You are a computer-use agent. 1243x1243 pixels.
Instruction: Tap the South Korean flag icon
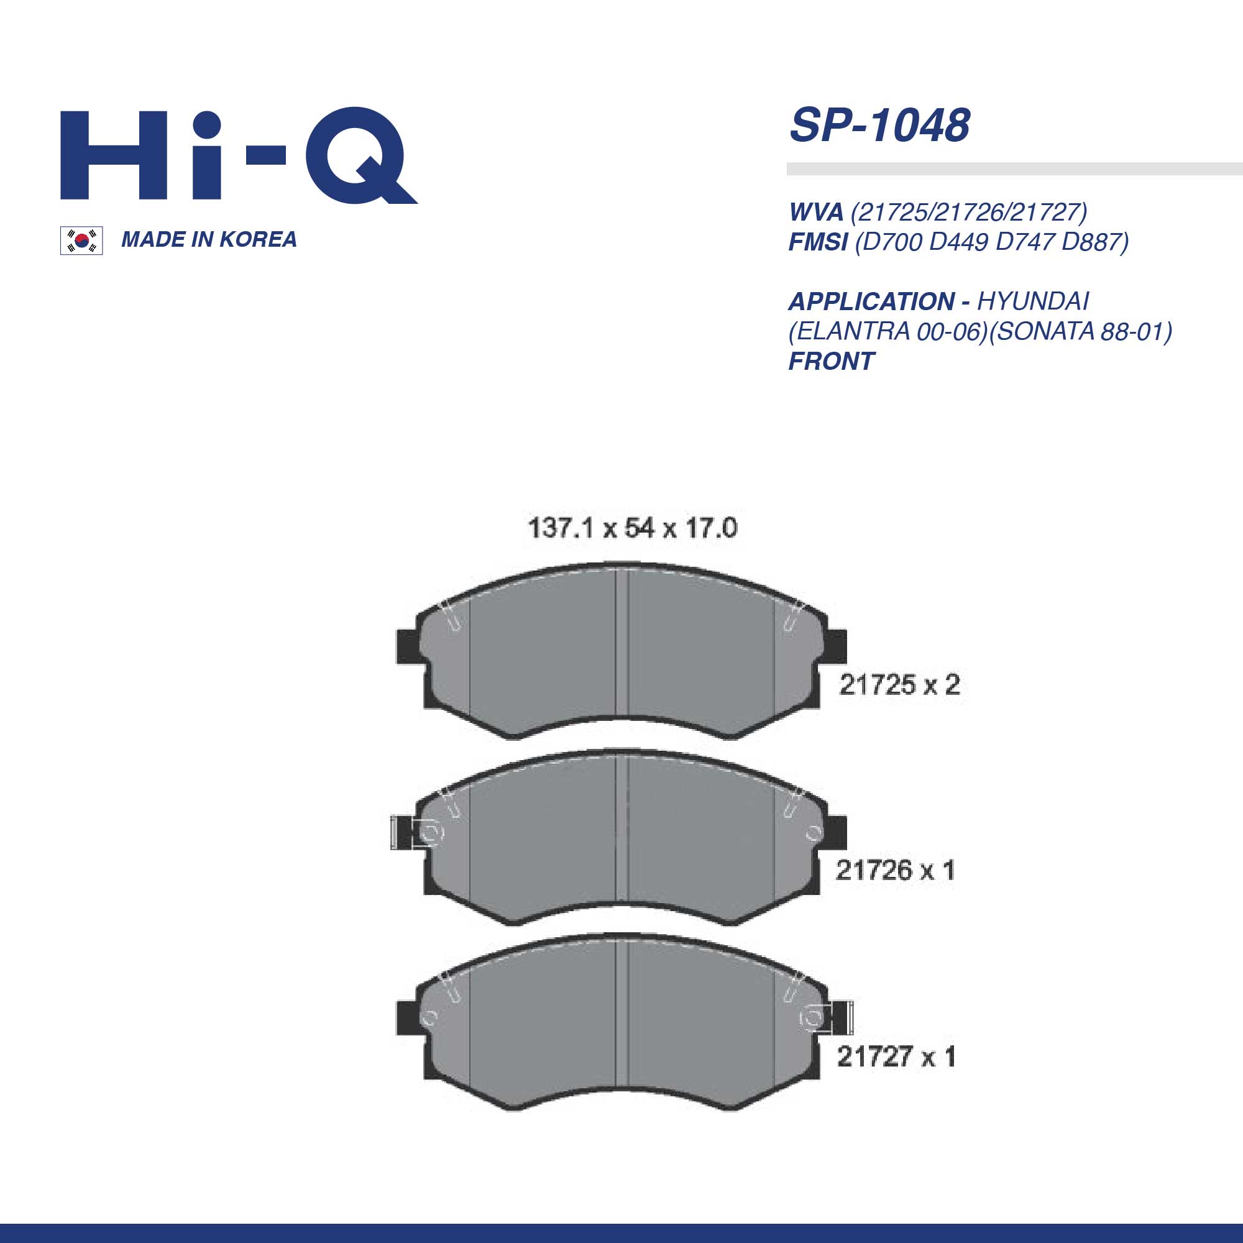[x=81, y=241]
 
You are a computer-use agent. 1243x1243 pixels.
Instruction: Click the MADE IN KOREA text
[x=209, y=239]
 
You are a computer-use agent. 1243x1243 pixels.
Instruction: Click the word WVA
[x=816, y=212]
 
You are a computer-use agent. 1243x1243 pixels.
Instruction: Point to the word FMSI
[x=818, y=242]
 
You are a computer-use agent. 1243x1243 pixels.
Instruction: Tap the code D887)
[x=1096, y=242]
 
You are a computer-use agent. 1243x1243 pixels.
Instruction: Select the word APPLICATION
[x=872, y=301]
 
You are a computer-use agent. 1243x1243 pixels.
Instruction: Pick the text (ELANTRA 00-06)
[x=888, y=331]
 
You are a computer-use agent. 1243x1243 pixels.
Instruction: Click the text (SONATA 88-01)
[x=1080, y=331]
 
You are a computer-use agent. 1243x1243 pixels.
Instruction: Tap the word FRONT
[x=831, y=362]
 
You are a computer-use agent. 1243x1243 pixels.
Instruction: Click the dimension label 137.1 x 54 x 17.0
[x=632, y=528]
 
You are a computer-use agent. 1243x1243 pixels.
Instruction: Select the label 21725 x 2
[x=899, y=685]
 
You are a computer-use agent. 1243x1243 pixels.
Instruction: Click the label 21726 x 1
[x=895, y=871]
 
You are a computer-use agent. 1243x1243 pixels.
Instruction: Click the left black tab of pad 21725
[x=408, y=646]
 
